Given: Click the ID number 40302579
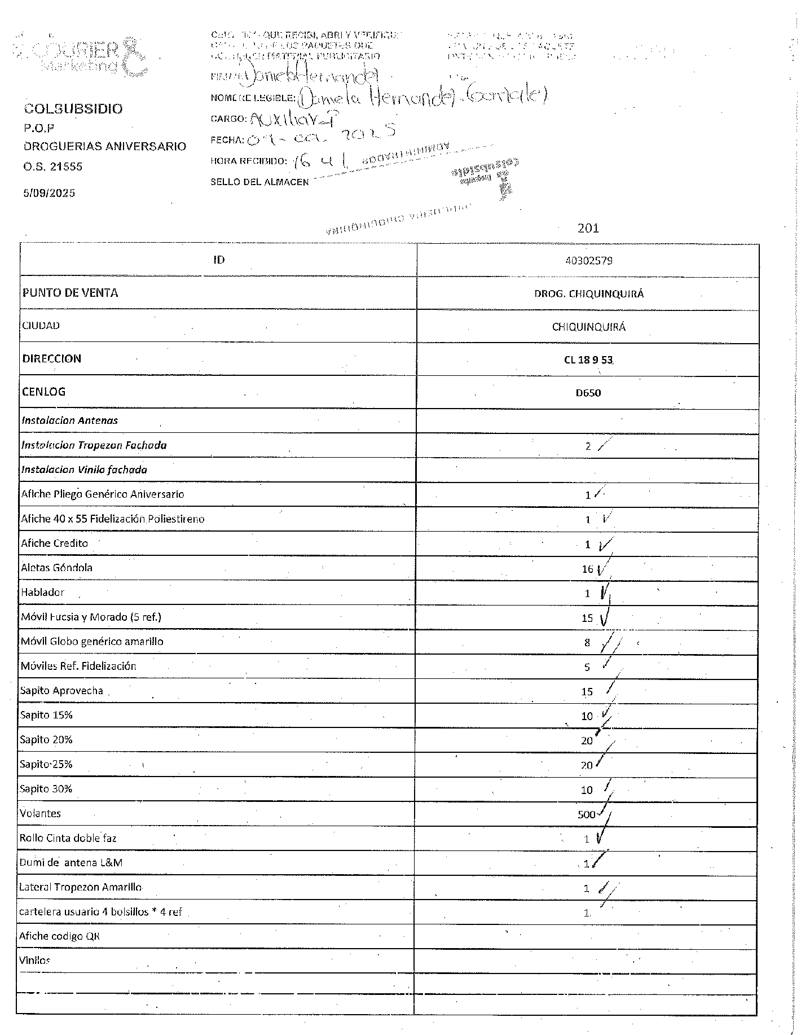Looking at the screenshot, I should tap(588, 261).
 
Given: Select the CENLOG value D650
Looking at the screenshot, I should tap(588, 393).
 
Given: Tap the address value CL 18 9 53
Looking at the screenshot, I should tap(588, 359).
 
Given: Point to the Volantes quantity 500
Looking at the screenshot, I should tap(586, 814).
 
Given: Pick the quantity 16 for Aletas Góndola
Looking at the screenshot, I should tap(587, 569).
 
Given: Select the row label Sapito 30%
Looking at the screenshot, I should tap(46, 789).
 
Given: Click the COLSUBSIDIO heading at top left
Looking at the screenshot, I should tap(73, 109).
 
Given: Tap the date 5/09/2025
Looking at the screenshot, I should tap(49, 193).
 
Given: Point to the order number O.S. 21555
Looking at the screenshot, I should tap(53, 166).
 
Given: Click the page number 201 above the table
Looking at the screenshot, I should tap(588, 228).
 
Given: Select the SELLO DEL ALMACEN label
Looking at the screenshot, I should tap(259, 182).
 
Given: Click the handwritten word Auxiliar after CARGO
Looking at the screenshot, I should tap(277, 118).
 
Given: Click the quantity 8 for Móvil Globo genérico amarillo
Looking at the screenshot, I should tap(587, 642).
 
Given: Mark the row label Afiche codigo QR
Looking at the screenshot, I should tap(59, 936).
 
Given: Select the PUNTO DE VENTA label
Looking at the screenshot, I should tap(71, 293).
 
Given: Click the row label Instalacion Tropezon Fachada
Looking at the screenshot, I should tap(94, 445).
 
